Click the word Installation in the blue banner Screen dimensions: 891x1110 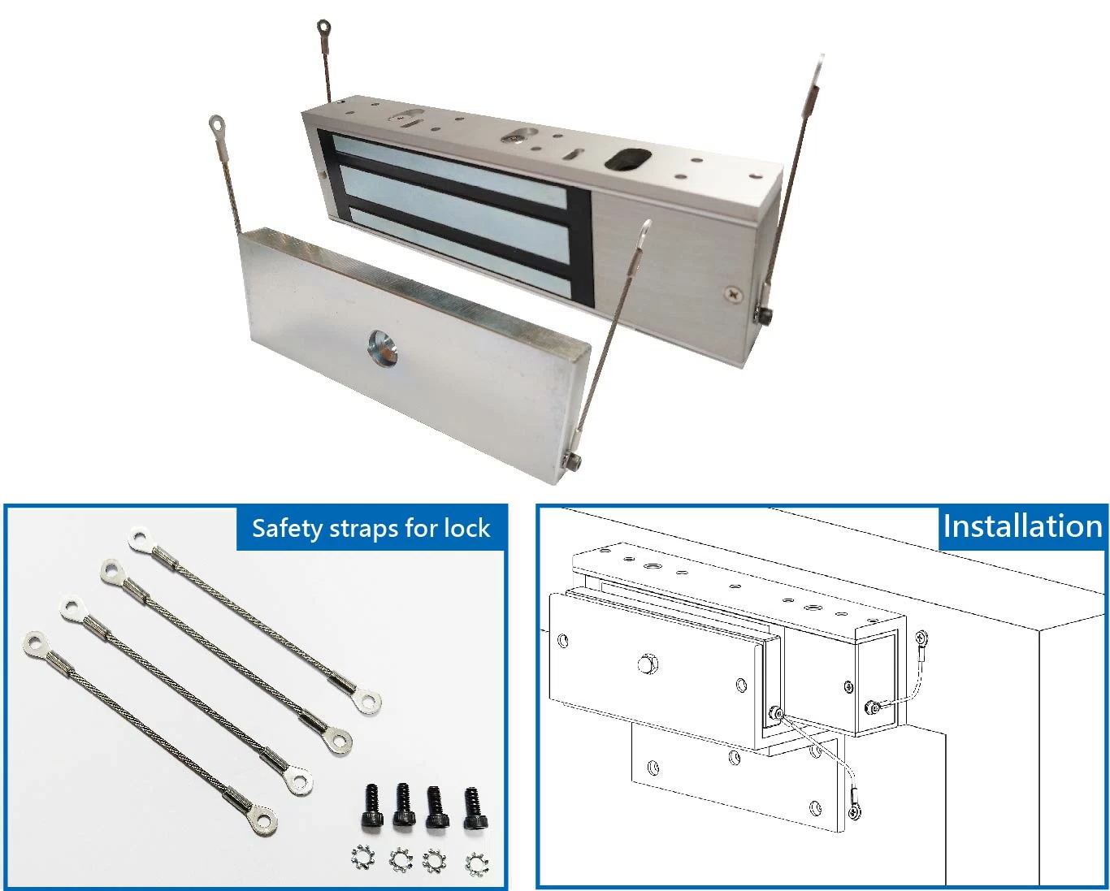(1021, 526)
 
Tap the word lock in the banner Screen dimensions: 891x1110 (466, 529)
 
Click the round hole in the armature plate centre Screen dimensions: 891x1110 (383, 347)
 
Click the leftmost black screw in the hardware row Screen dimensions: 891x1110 (373, 805)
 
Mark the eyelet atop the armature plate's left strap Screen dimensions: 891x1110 (218, 125)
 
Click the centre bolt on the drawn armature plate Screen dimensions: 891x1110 (647, 664)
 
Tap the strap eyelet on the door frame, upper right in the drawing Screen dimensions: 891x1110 (921, 638)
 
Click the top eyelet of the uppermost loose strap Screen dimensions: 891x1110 (140, 537)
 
